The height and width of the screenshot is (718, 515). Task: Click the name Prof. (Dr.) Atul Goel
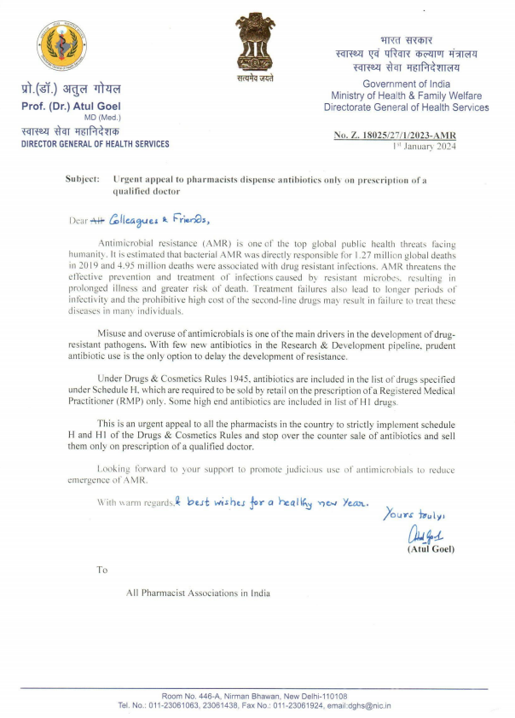pos(71,106)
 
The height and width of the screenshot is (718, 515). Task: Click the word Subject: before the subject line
pos(83,181)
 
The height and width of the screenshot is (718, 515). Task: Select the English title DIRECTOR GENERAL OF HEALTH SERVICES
pos(95,144)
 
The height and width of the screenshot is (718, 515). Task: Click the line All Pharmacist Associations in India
pos(198,593)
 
